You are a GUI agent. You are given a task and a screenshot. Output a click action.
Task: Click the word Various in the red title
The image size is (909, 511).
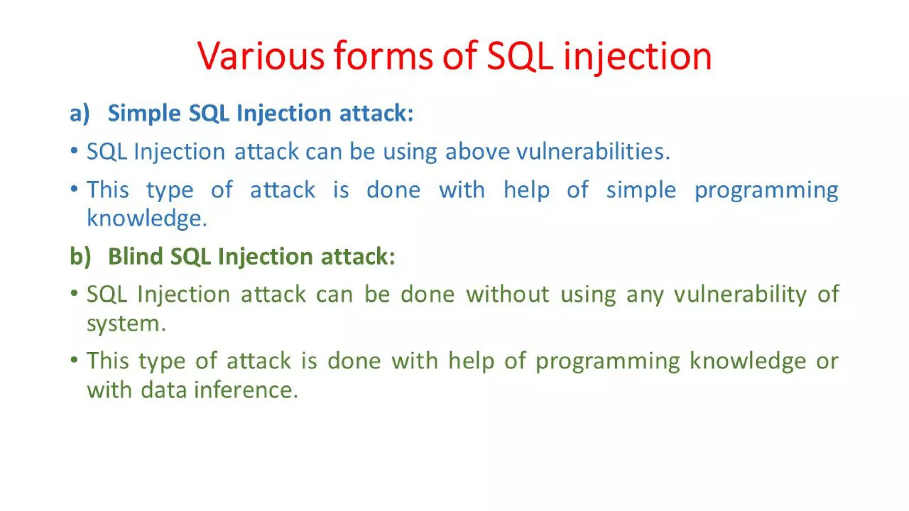[x=261, y=56]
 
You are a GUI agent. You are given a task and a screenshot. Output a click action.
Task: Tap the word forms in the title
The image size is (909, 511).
[x=383, y=56]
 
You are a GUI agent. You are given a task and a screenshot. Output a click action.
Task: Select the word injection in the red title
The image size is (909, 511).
[x=637, y=56]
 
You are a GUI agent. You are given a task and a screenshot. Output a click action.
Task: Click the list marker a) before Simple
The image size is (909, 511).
[x=80, y=113]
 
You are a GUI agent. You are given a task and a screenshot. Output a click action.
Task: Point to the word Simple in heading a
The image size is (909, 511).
[x=144, y=113]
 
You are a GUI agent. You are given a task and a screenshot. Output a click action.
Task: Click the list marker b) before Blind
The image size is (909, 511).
[x=80, y=256]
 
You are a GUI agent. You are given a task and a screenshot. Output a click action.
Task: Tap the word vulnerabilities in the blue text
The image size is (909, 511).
[x=593, y=152]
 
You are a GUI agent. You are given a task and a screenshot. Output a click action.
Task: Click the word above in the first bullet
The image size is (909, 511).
[x=478, y=152]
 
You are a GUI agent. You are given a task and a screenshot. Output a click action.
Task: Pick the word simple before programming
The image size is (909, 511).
[x=641, y=190]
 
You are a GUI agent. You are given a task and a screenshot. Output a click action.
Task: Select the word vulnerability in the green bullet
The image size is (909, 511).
[x=740, y=294]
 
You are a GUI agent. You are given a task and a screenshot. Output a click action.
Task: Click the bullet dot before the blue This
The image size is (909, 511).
[x=74, y=189]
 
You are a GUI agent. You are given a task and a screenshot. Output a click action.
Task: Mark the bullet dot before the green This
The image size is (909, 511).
[x=74, y=359]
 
